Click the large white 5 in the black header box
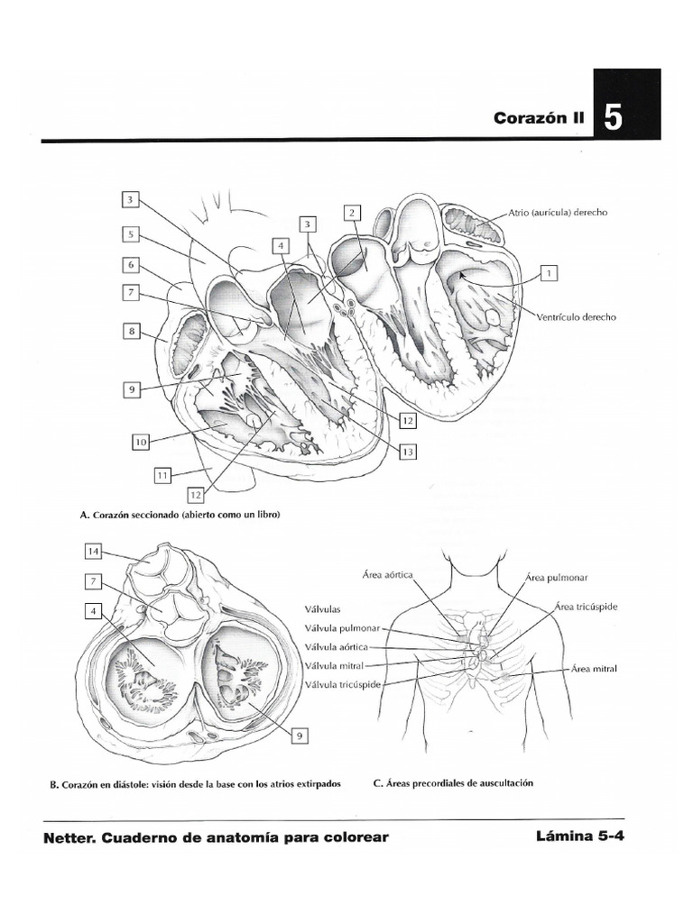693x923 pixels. (x=612, y=118)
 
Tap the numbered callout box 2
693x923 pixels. (x=352, y=213)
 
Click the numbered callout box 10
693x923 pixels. (x=140, y=442)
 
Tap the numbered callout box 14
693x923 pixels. (x=93, y=550)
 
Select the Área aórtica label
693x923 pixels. (x=387, y=574)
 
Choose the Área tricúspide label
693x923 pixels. (x=587, y=607)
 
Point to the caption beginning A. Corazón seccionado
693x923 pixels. (x=180, y=516)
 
